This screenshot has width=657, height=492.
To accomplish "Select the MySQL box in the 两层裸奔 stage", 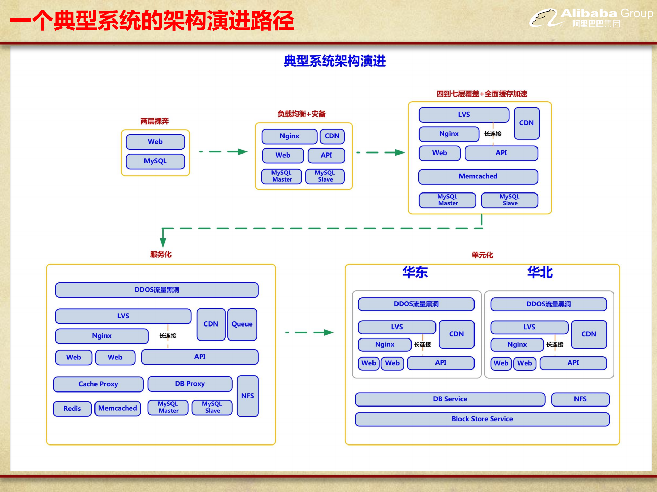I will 155,161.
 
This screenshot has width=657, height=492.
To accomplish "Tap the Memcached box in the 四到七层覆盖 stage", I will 478,176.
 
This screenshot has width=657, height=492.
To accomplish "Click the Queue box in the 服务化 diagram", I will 242,324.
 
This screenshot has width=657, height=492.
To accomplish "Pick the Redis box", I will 72,409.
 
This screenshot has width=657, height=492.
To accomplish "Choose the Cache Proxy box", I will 98,384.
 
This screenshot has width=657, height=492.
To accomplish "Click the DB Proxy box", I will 190,384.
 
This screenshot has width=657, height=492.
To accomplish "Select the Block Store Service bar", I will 482,419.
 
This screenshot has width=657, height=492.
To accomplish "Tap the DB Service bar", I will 450,399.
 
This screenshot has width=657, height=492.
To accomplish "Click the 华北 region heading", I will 540,272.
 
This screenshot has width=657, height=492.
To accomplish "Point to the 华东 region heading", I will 415,272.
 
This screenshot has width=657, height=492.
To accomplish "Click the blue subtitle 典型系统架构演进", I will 334,61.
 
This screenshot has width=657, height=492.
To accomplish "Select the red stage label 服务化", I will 161,254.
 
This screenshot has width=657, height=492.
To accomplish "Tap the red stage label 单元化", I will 482,255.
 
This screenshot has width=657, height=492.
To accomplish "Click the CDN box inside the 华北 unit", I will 589,334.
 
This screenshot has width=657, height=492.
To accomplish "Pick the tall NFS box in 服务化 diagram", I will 248,396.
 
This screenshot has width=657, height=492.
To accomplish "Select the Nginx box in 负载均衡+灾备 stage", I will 289,136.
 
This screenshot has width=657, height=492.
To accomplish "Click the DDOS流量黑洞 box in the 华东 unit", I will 416,304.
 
